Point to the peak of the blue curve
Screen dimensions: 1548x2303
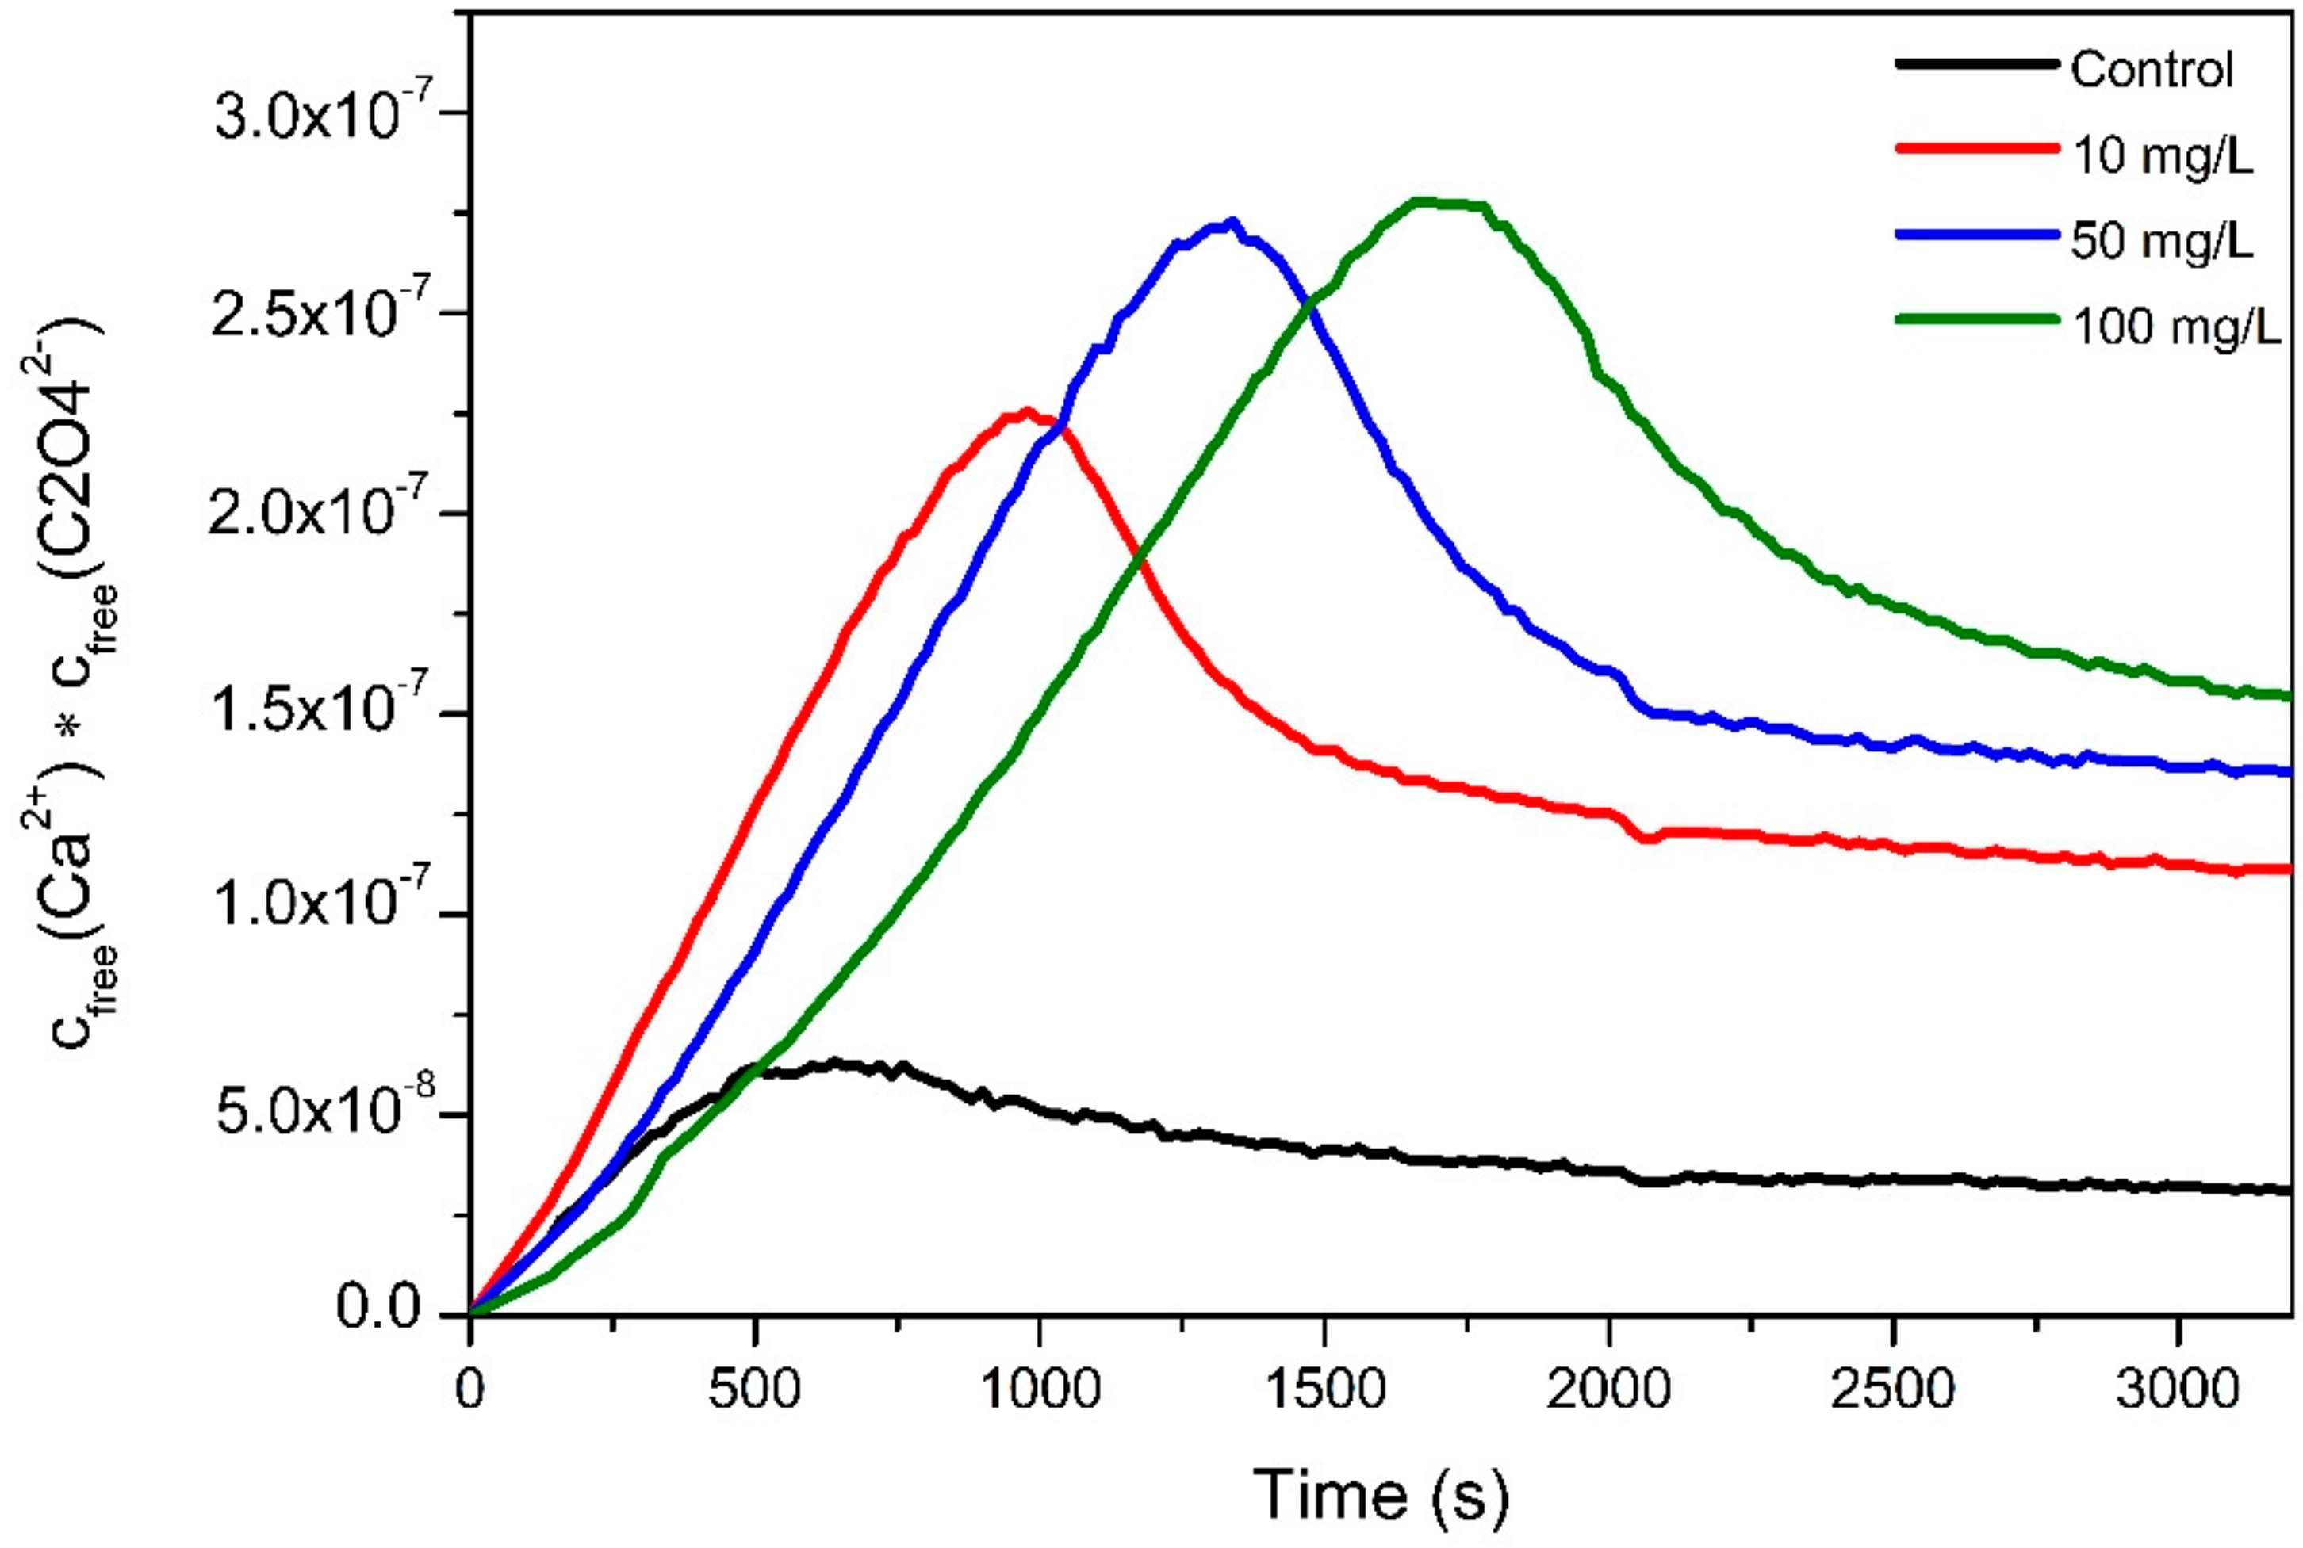[x=1231, y=222]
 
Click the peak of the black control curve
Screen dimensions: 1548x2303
[x=834, y=1062]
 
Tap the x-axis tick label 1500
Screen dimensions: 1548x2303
[x=1324, y=1390]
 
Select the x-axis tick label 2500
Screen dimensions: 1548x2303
[x=1892, y=1390]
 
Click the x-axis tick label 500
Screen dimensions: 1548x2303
[x=754, y=1390]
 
